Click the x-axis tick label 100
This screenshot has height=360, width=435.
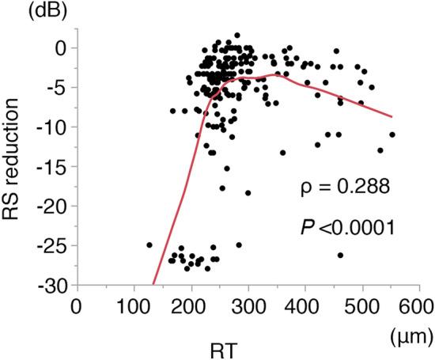[134, 306]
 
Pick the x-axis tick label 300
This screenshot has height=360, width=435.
[248, 306]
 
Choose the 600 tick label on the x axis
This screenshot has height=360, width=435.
[420, 306]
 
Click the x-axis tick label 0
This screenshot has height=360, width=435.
[77, 306]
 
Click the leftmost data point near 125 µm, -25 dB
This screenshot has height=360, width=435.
[149, 245]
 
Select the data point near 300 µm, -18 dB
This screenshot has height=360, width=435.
[248, 192]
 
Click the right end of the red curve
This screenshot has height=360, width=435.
[391, 116]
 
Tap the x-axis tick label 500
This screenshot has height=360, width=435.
[363, 306]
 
